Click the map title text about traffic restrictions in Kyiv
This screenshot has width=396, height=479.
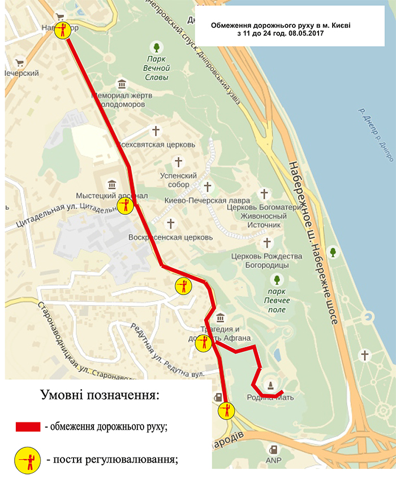(x=270, y=29)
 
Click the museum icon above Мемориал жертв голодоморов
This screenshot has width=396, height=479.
(x=121, y=85)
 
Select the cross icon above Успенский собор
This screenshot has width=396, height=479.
(x=178, y=163)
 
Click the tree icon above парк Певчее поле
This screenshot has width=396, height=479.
(x=277, y=279)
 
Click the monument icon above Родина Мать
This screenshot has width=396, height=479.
(x=271, y=386)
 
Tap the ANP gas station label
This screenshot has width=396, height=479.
(x=274, y=462)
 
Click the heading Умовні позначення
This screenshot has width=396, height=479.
(x=100, y=394)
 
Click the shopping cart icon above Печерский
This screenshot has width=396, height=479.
(x=20, y=63)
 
